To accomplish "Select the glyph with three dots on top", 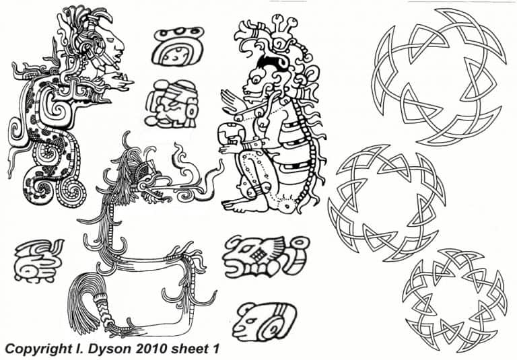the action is (178, 46).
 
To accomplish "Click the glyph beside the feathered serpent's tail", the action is (38, 260).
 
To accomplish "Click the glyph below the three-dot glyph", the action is (172, 104).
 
